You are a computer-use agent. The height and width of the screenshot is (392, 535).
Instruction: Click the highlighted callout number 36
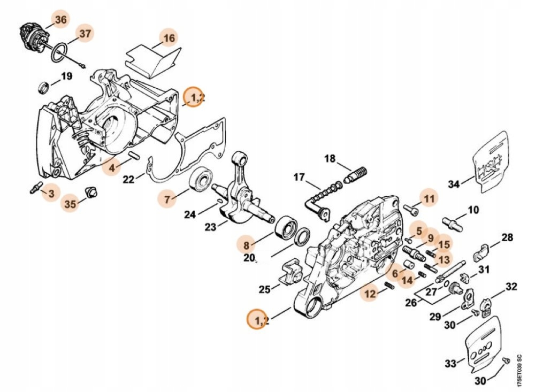click(60, 20)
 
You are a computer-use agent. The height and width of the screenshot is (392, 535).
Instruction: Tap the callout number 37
click(85, 34)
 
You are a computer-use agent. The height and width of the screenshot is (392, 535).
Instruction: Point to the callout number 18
click(330, 158)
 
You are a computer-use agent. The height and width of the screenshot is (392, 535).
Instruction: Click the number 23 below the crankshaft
click(210, 227)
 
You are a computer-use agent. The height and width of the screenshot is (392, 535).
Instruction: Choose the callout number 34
click(454, 185)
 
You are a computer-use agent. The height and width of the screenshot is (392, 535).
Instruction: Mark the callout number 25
click(265, 289)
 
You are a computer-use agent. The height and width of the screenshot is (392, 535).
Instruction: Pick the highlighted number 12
click(370, 294)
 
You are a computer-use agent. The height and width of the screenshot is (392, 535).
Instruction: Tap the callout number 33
click(450, 364)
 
